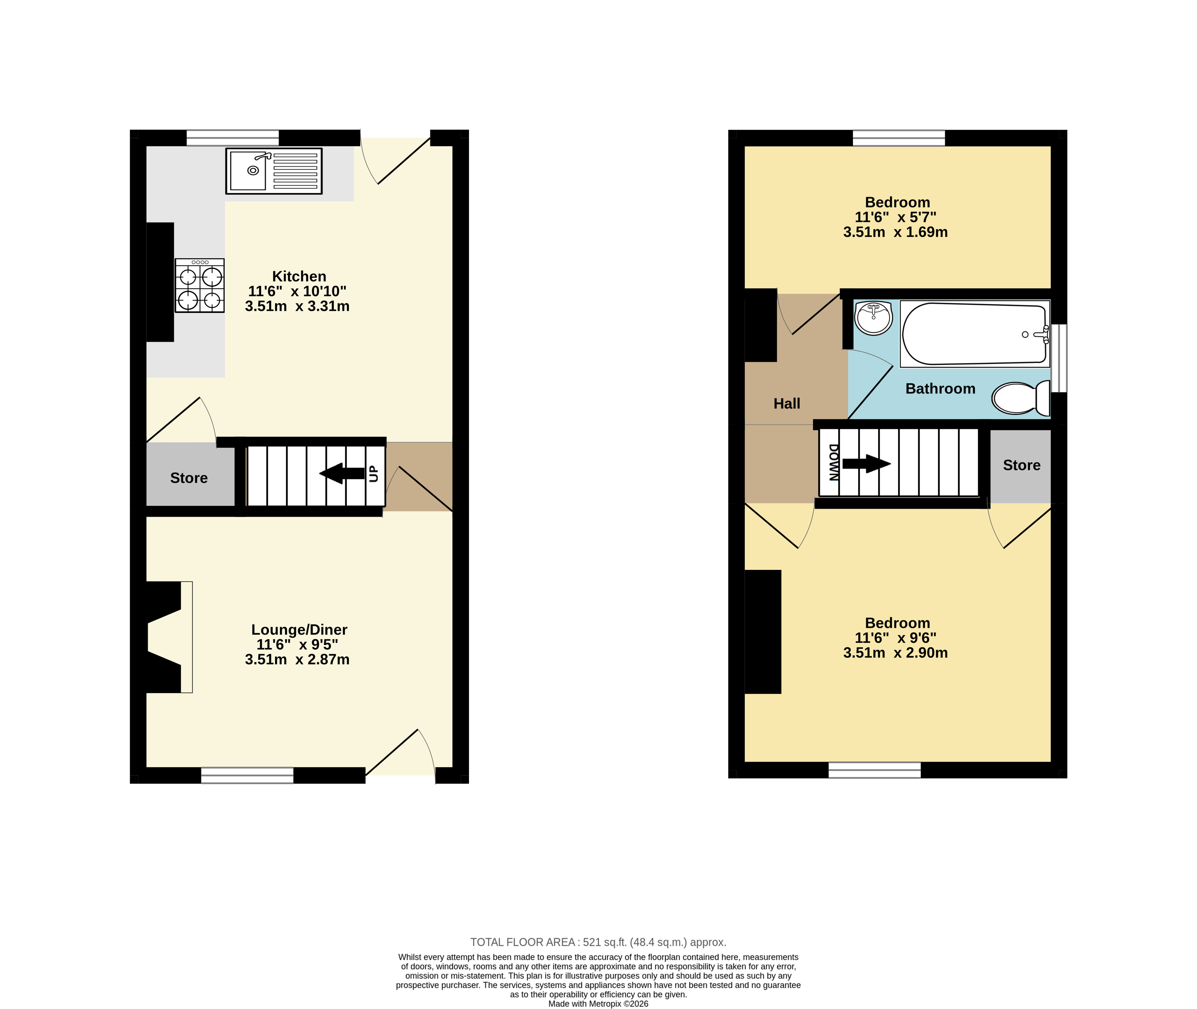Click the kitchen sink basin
tap(248, 171)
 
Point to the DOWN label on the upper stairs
tap(833, 462)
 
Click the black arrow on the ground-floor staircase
tap(342, 473)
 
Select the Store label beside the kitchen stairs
tap(189, 478)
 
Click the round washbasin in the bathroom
tap(873, 318)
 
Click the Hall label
tap(787, 404)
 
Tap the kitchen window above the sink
tap(232, 138)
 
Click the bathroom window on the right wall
tap(1059, 358)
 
